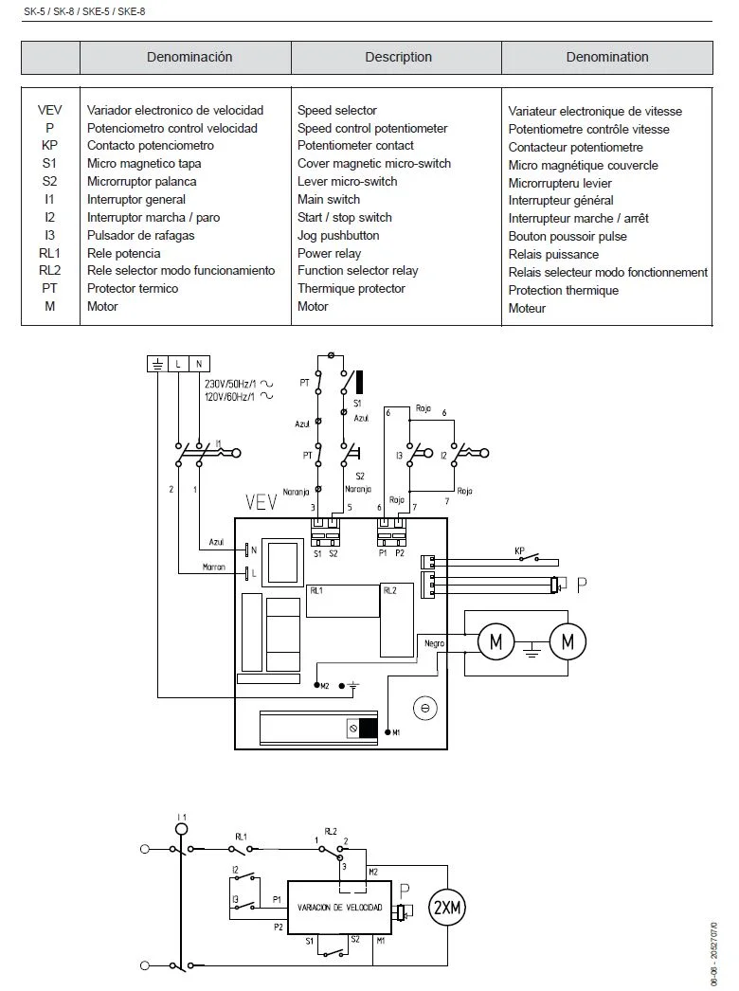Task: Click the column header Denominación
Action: pyautogui.click(x=189, y=57)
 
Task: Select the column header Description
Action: pyautogui.click(x=398, y=57)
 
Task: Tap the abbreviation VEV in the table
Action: pyautogui.click(x=49, y=111)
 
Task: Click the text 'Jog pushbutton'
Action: pyautogui.click(x=338, y=235)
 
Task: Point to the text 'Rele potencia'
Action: pyautogui.click(x=123, y=253)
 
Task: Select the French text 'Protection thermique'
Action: pyautogui.click(x=563, y=290)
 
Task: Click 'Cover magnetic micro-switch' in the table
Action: pyautogui.click(x=374, y=163)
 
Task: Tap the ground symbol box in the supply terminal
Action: pyautogui.click(x=157, y=363)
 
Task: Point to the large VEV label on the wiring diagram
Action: pyautogui.click(x=261, y=501)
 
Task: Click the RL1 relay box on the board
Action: pyautogui.click(x=341, y=601)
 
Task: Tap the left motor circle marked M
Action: pyautogui.click(x=496, y=642)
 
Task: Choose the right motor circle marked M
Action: pyautogui.click(x=568, y=642)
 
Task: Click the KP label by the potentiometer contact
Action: pyautogui.click(x=519, y=550)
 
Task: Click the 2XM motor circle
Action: pyautogui.click(x=448, y=909)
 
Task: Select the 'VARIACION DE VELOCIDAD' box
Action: pyautogui.click(x=340, y=908)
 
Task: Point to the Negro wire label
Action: pyautogui.click(x=435, y=643)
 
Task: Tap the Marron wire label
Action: pyautogui.click(x=214, y=568)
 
